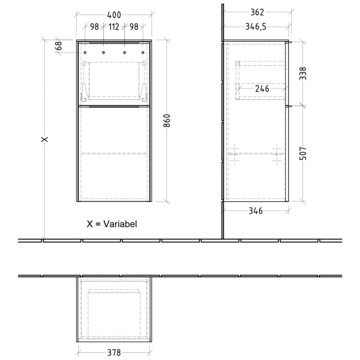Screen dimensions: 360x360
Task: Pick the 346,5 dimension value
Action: (x=256, y=27)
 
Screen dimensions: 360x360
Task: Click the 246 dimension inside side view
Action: (x=262, y=88)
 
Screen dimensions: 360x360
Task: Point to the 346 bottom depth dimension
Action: (x=256, y=210)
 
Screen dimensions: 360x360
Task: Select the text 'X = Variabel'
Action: (x=112, y=224)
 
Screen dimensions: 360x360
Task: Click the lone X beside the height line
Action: (x=45, y=139)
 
